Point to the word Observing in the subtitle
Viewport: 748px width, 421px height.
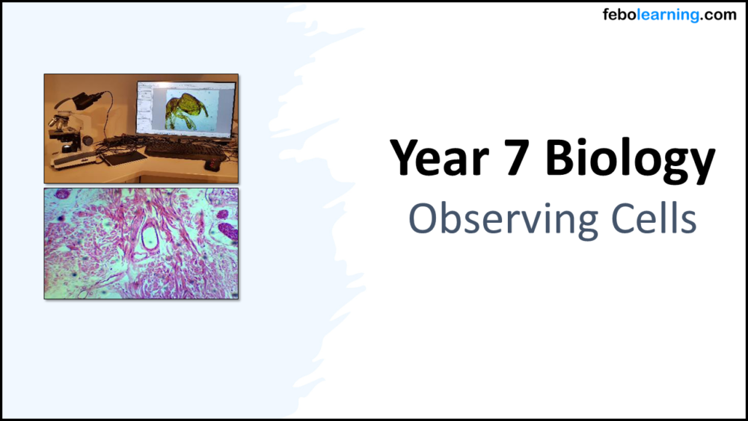[x=494, y=219]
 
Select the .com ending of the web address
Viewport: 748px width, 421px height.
[x=719, y=14]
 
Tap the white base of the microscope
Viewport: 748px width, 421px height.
[x=71, y=159]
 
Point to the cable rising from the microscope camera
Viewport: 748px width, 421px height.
[x=105, y=97]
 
